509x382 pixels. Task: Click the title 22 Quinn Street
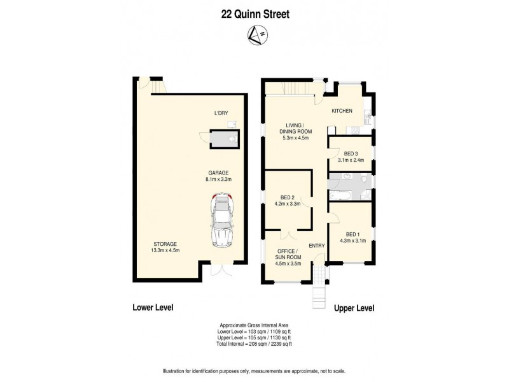point(254,13)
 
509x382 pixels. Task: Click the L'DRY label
point(221,113)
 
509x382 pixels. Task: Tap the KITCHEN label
point(342,111)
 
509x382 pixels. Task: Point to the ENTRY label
point(316,246)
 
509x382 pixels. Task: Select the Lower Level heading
point(153,308)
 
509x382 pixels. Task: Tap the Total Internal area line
point(254,344)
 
